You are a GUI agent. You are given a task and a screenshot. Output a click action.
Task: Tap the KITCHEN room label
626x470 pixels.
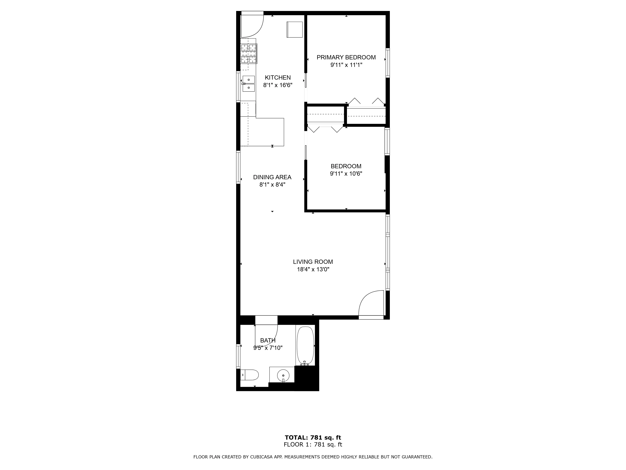coord(278,78)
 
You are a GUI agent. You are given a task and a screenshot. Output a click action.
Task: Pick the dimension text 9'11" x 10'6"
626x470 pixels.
coord(346,174)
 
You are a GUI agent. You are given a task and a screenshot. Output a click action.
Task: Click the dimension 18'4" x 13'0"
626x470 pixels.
coord(313,269)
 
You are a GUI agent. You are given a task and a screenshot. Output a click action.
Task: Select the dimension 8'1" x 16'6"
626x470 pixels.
coord(278,85)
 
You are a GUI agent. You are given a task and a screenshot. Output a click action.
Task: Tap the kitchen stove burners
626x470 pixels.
coord(249,54)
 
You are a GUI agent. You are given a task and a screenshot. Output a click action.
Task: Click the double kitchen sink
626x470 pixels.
coord(249,84)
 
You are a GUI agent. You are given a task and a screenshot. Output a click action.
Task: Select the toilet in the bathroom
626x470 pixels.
coord(250,375)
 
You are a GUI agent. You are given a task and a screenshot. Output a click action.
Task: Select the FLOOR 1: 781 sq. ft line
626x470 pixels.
coord(313,444)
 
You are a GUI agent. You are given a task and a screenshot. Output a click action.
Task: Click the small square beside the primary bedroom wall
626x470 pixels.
coord(295,29)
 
